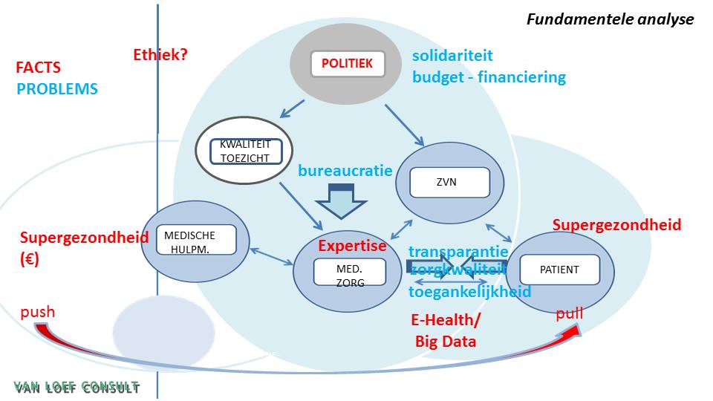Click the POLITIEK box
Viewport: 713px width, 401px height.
pyautogui.click(x=347, y=64)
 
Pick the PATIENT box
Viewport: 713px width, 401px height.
pyautogui.click(x=559, y=270)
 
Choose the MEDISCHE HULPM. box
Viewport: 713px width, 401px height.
pyautogui.click(x=189, y=241)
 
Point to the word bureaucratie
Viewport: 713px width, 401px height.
pyautogui.click(x=345, y=171)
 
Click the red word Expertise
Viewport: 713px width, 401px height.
pyautogui.click(x=352, y=246)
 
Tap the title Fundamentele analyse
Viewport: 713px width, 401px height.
pyautogui.click(x=610, y=19)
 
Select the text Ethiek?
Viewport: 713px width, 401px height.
pyautogui.click(x=160, y=54)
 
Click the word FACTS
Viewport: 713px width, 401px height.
pyautogui.click(x=38, y=68)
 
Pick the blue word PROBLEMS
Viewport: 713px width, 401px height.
pyautogui.click(x=57, y=89)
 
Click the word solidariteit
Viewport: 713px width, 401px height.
pyautogui.click(x=452, y=56)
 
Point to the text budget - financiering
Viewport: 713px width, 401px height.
pyautogui.click(x=489, y=76)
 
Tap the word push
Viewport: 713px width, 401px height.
pyautogui.click(x=38, y=312)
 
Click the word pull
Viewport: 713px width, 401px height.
pyautogui.click(x=569, y=313)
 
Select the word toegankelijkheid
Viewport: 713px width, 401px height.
pyautogui.click(x=469, y=291)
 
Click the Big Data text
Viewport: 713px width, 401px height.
pyautogui.click(x=445, y=342)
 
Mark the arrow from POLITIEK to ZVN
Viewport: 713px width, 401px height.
pyautogui.click(x=403, y=124)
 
